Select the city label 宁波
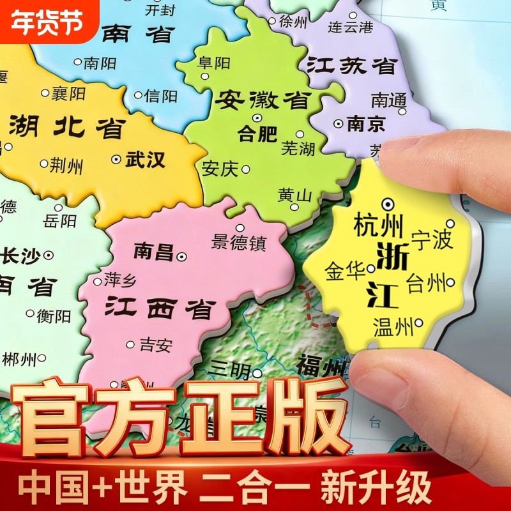tap(432, 240)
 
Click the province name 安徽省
tap(263, 100)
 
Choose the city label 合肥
tap(257, 133)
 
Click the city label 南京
tap(366, 123)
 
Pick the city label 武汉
tap(146, 159)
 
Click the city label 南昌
tap(154, 252)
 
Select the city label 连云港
tap(350, 27)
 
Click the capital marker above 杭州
tap(387, 204)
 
